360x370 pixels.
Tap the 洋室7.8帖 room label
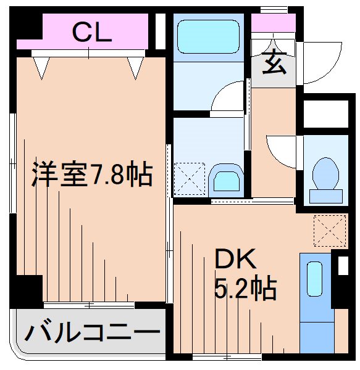point(91,176)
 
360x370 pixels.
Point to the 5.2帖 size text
point(245,288)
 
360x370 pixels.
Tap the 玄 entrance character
point(275,63)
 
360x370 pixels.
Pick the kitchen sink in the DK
point(314,281)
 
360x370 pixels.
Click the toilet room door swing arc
point(281,148)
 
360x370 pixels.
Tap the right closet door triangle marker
point(136,68)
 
